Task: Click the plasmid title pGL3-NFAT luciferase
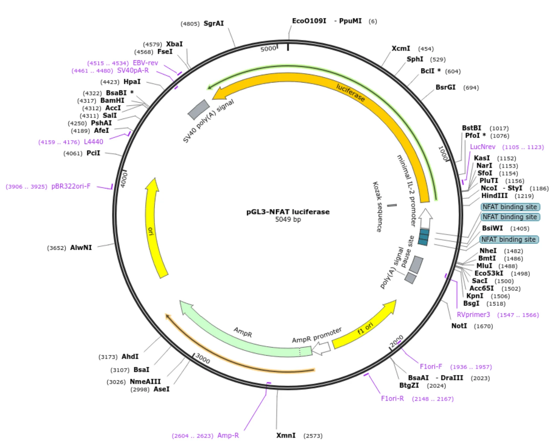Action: point(288,212)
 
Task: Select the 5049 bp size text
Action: point(288,220)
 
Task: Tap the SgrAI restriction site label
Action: point(214,24)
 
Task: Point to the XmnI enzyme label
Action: point(286,436)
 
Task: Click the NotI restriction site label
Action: point(459,326)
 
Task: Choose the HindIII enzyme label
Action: point(495,196)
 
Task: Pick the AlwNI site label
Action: point(81,248)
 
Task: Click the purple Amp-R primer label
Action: point(228,436)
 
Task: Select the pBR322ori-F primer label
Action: point(71,187)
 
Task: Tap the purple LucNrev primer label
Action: point(483,147)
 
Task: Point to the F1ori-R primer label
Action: point(393,399)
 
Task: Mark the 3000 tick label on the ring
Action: point(203,358)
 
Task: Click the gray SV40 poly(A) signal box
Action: point(199,110)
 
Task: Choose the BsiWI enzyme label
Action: point(492,228)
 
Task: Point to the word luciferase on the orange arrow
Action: point(351,93)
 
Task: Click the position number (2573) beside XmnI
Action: point(313,436)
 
